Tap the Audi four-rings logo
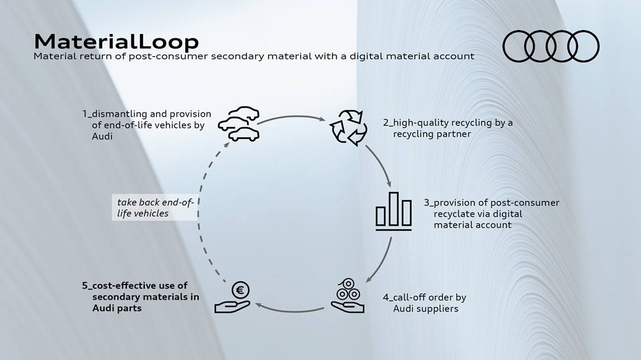point(551,46)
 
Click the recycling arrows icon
point(348,127)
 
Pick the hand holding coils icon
point(347,296)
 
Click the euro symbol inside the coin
point(240,290)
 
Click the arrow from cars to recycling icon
point(292,117)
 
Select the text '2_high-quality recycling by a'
point(448,123)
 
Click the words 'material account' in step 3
point(472,225)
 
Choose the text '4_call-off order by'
point(424,297)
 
